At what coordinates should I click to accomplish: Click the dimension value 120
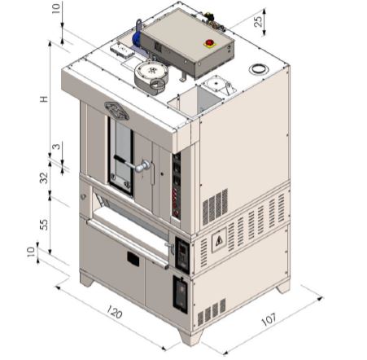(x=115, y=312)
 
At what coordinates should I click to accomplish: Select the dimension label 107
(x=269, y=319)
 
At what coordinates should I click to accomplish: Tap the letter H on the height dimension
(x=44, y=99)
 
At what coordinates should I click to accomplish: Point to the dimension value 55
(x=44, y=224)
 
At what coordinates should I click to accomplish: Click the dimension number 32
(x=44, y=178)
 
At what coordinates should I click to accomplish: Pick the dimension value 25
(x=259, y=21)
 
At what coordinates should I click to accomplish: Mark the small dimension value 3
(x=56, y=147)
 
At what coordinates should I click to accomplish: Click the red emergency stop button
(x=209, y=43)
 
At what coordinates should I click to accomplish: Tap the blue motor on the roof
(x=136, y=39)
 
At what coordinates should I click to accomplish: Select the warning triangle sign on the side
(x=219, y=240)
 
